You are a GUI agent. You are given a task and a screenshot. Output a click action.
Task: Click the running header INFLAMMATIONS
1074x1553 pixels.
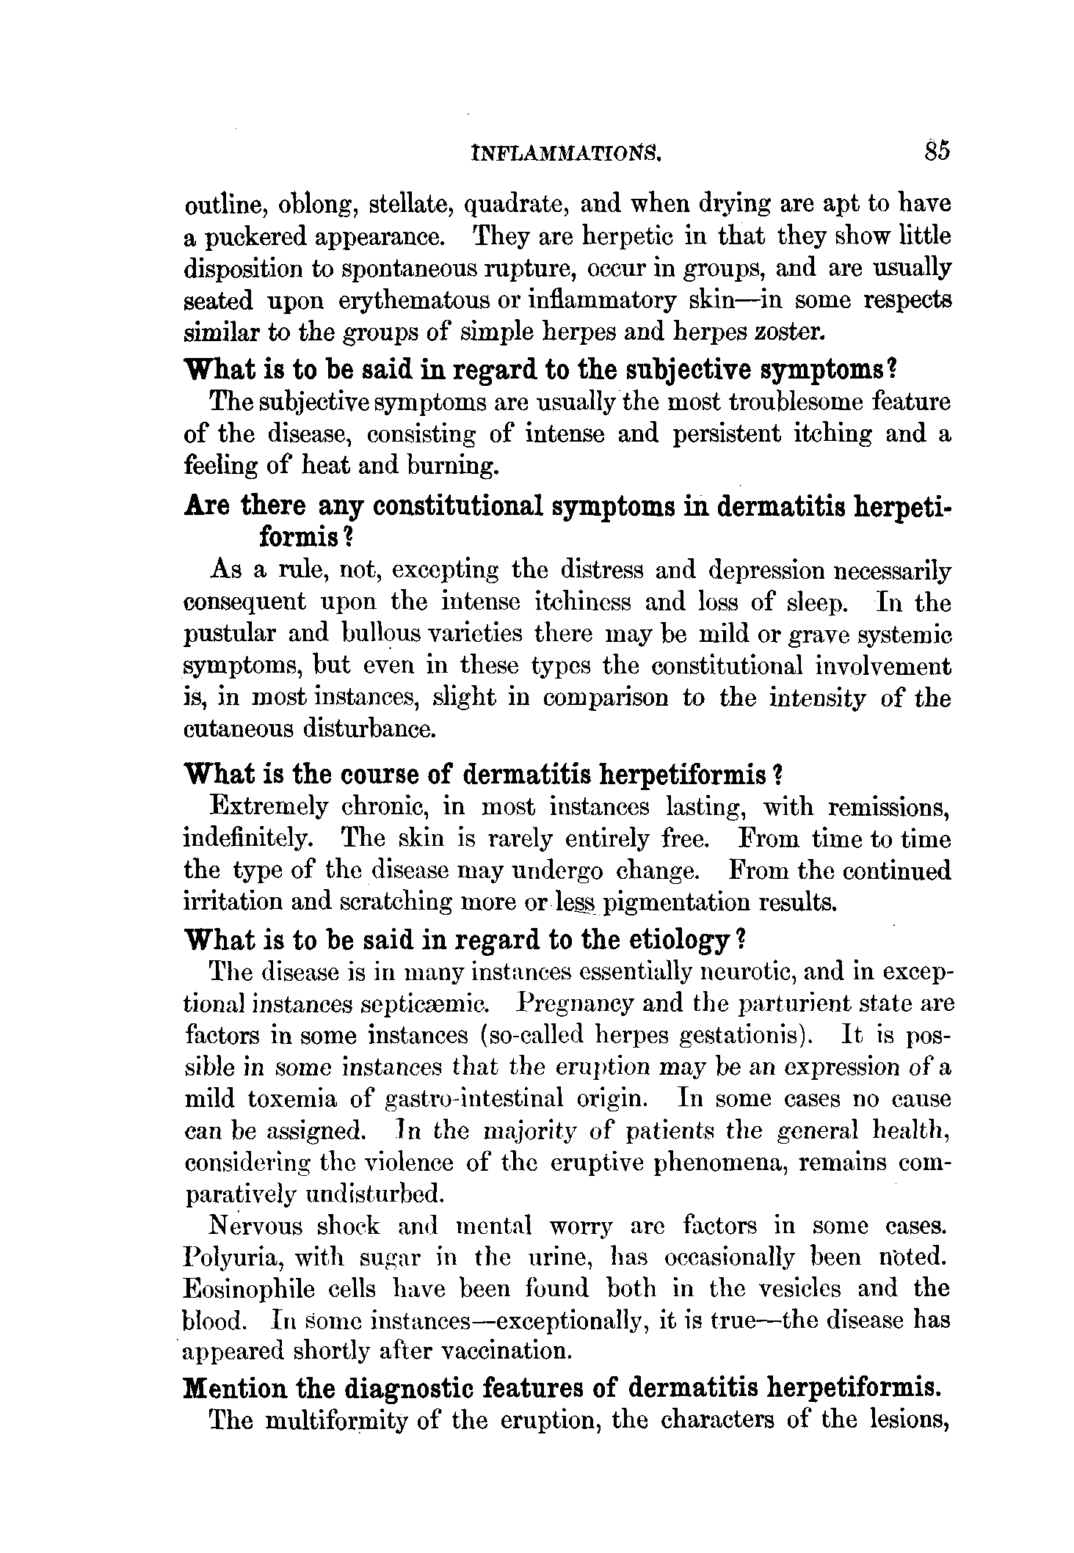[569, 154]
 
